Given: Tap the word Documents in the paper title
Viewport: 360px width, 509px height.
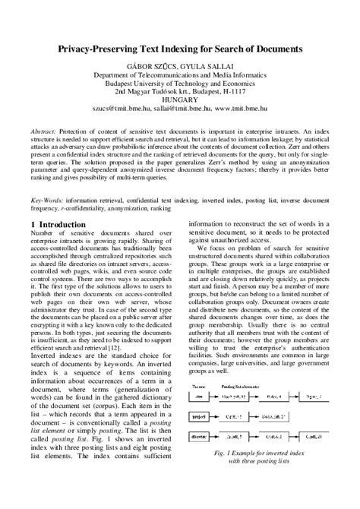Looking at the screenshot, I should click(275, 48).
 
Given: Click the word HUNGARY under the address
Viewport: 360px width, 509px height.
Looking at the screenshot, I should click(180, 99).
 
